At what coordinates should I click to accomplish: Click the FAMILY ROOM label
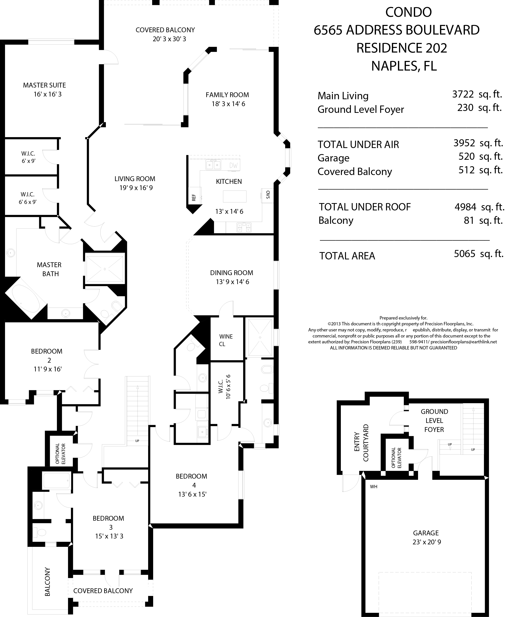pyautogui.click(x=227, y=95)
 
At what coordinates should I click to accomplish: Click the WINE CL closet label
pyautogui.click(x=226, y=340)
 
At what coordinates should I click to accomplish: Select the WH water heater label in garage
pyautogui.click(x=373, y=487)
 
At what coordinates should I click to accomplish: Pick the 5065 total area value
pyautogui.click(x=464, y=254)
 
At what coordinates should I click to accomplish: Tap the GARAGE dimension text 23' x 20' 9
pyautogui.click(x=427, y=542)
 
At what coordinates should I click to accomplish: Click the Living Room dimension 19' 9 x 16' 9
pyautogui.click(x=136, y=188)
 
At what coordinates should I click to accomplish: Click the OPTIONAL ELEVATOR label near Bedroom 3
pyautogui.click(x=60, y=454)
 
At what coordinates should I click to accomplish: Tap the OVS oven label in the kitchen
pyautogui.click(x=268, y=195)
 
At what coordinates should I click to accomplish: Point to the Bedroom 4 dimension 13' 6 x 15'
pyautogui.click(x=192, y=494)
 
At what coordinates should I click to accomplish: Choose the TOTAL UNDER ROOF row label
pyautogui.click(x=365, y=207)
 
